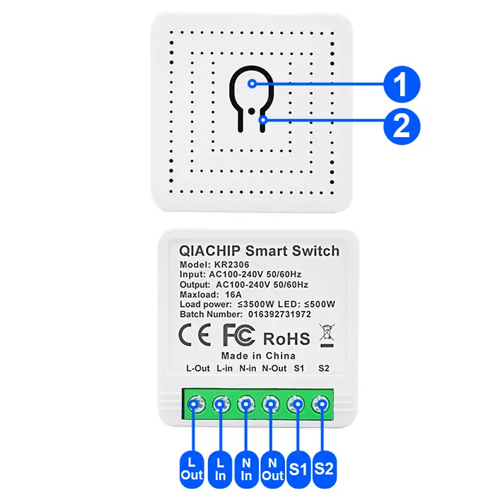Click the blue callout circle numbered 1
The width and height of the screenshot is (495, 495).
pyautogui.click(x=400, y=86)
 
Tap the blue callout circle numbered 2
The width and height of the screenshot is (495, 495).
pyautogui.click(x=400, y=127)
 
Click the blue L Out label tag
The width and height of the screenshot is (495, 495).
pyautogui.click(x=192, y=467)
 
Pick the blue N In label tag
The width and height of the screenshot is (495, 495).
pyautogui.click(x=246, y=467)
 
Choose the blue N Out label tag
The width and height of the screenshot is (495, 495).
pyautogui.click(x=272, y=467)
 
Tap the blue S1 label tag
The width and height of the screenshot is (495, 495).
pyautogui.click(x=298, y=467)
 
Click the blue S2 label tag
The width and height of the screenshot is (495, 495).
pyautogui.click(x=325, y=467)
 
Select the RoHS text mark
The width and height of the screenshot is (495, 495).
pyautogui.click(x=286, y=338)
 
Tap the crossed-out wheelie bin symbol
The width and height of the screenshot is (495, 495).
pyautogui.click(x=327, y=334)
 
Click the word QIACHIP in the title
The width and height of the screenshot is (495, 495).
pyautogui.click(x=211, y=251)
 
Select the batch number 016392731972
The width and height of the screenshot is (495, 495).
pyautogui.click(x=279, y=313)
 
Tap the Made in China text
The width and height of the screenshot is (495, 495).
pyautogui.click(x=258, y=356)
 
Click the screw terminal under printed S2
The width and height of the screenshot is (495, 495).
pyautogui.click(x=323, y=405)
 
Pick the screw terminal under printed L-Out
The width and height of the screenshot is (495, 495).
pyautogui.click(x=194, y=405)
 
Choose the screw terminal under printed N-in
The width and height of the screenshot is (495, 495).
pyautogui.click(x=246, y=405)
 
